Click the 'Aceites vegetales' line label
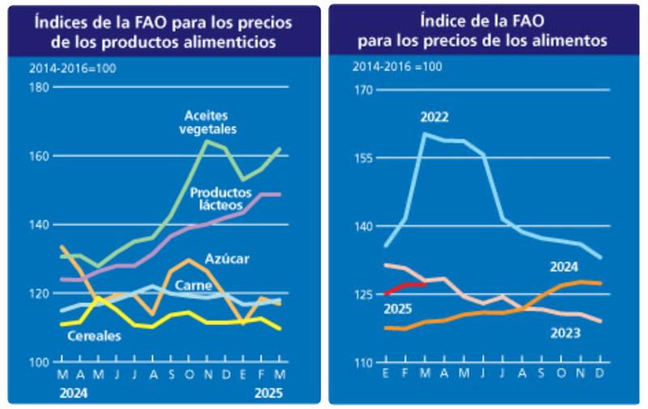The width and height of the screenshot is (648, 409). [210, 121]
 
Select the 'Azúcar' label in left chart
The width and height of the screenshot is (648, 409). [228, 259]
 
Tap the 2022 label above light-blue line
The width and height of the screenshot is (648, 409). [434, 117]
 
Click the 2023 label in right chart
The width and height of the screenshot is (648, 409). [566, 333]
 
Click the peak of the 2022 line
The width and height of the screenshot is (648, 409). [425, 134]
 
